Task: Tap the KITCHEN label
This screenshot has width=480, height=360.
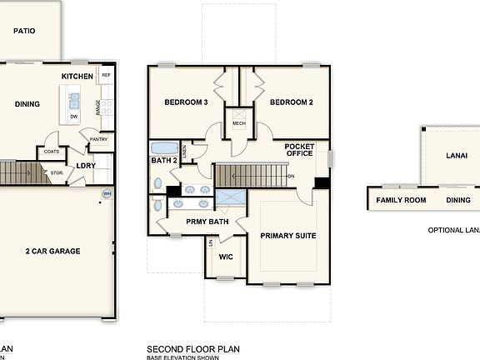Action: pos(77,77)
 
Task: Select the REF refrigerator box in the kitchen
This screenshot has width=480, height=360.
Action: pos(106,75)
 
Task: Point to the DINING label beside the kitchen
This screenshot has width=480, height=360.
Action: pos(28,104)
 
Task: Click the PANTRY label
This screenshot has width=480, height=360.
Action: pos(99,139)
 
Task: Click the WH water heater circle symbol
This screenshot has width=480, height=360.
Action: pos(107,193)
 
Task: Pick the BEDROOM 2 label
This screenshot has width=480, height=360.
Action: pos(291,102)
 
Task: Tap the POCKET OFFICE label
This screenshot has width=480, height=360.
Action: pos(300,149)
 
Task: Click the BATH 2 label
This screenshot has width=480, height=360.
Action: pos(163,158)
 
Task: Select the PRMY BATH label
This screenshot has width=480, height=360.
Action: pos(207,222)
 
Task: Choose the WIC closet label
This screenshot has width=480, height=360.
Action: pos(226,257)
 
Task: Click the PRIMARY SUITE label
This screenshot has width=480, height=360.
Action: pos(288,236)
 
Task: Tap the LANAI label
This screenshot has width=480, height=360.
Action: pos(456,155)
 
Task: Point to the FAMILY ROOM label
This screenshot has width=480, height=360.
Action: pos(401,200)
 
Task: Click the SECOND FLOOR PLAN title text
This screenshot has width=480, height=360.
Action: pos(194,348)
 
